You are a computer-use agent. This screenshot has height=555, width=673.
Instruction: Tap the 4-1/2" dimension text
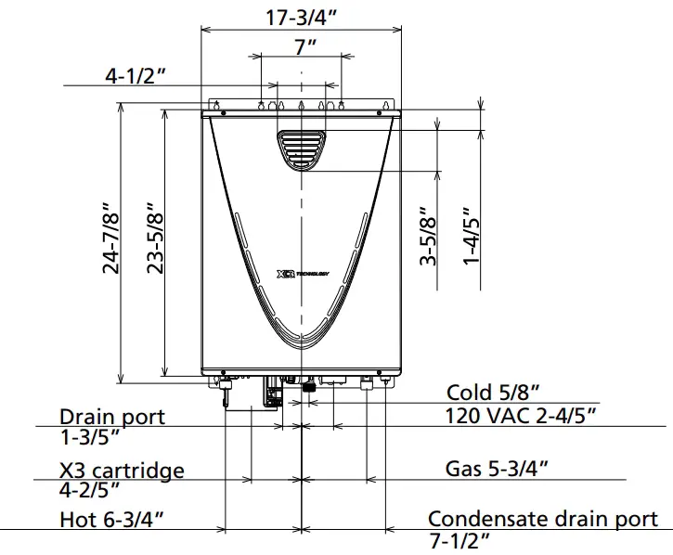coord(135,76)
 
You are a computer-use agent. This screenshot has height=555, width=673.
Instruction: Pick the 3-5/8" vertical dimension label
coord(428,237)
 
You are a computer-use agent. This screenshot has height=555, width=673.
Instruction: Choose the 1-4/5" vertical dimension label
coord(472,237)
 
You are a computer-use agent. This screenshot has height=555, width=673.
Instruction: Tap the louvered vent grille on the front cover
coord(302,148)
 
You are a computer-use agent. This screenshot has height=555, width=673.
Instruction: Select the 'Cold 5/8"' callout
coord(492,393)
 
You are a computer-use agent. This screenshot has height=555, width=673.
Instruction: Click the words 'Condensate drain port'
coord(543,519)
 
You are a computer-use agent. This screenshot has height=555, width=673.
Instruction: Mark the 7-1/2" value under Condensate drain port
coord(459,540)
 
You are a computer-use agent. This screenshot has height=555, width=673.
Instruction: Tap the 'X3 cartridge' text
coord(122,471)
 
